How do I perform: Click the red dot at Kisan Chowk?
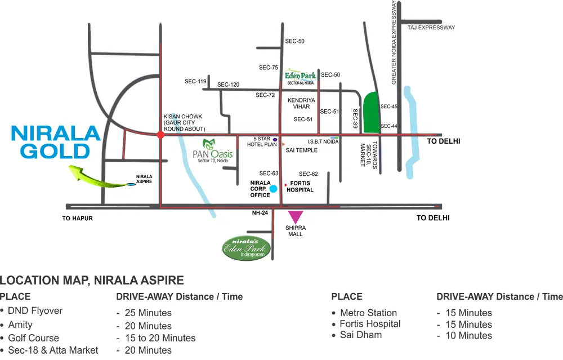[161, 135]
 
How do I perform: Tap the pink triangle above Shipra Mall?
[295, 216]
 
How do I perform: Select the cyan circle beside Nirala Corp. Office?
[274, 189]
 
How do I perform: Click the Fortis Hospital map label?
[301, 187]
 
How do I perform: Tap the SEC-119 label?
[195, 82]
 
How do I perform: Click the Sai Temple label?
[302, 150]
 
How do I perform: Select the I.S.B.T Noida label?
[323, 142]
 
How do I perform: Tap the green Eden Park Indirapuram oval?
[247, 246]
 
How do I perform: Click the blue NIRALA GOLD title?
[56, 142]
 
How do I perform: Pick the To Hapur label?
[77, 218]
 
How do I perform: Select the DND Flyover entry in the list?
[35, 311]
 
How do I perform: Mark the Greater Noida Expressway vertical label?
[394, 43]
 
